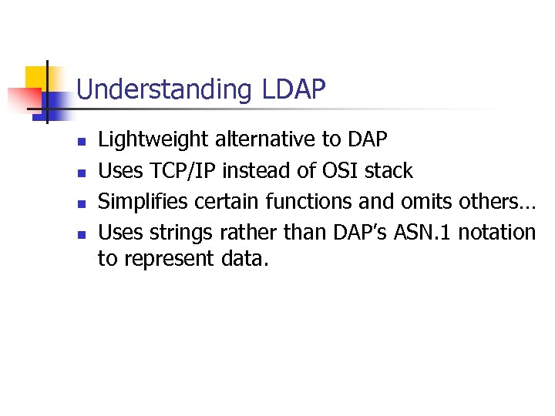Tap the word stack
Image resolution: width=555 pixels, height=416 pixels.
388,170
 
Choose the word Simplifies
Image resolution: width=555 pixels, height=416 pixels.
143,201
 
